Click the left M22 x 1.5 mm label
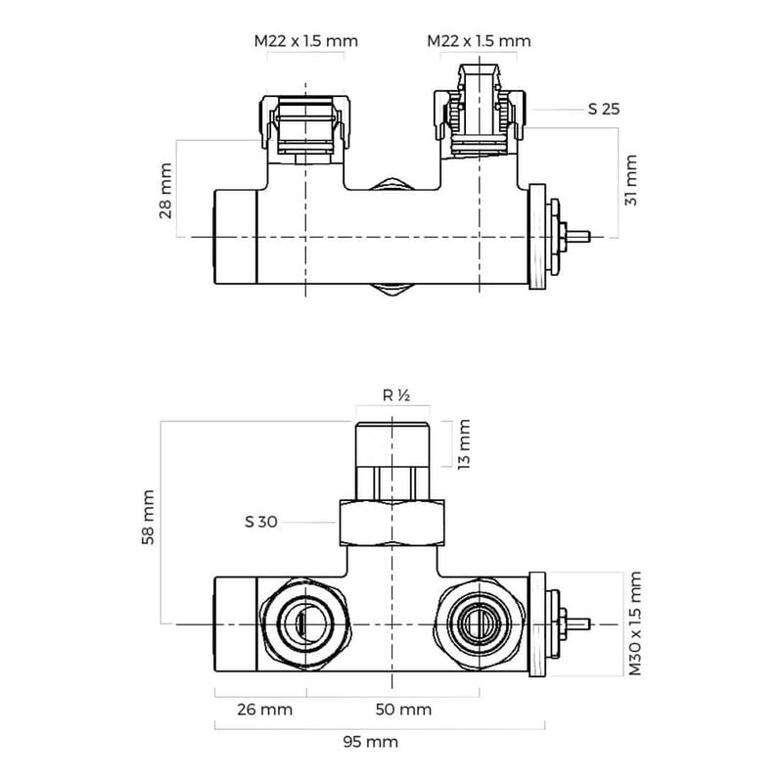click(305, 41)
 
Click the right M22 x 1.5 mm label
click(479, 41)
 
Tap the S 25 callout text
click(604, 109)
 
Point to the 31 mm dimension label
click(631, 180)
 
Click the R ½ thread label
click(394, 396)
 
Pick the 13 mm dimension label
click(464, 443)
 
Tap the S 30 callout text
click(261, 522)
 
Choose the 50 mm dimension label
click(404, 709)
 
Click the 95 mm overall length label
click(372, 742)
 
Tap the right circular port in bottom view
click(480, 622)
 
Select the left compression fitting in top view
click(305, 124)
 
